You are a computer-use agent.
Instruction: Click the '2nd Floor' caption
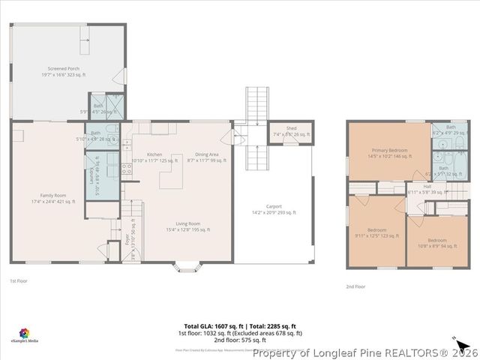coord(355,286)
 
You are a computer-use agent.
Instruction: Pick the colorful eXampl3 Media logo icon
coord(25,331)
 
